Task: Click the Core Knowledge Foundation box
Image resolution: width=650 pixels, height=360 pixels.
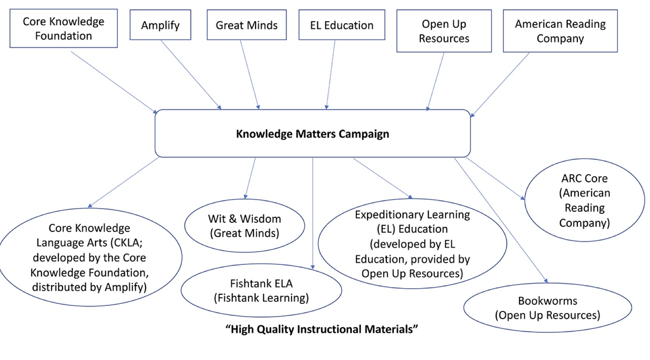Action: click(x=64, y=29)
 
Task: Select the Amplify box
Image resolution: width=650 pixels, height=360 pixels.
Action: click(x=160, y=25)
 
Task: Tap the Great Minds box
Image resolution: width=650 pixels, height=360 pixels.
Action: click(x=246, y=25)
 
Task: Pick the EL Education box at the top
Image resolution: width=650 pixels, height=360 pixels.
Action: click(x=342, y=25)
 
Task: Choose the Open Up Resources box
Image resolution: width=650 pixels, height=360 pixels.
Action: click(x=444, y=31)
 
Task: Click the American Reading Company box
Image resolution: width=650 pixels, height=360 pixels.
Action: click(x=560, y=31)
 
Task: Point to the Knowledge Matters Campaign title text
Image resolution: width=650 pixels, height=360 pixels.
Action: click(x=312, y=134)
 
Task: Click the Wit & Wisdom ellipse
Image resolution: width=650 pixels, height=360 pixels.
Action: click(x=244, y=226)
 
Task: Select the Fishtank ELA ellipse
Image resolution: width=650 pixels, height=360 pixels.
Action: click(x=261, y=290)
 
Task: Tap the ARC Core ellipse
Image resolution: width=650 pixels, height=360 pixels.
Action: click(x=584, y=200)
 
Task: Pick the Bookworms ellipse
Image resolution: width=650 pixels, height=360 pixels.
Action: click(x=547, y=308)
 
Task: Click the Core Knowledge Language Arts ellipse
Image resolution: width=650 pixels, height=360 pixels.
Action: click(x=90, y=257)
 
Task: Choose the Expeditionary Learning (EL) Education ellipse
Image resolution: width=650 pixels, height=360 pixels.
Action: click(x=412, y=244)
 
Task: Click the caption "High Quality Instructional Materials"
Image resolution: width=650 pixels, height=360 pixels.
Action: click(x=322, y=329)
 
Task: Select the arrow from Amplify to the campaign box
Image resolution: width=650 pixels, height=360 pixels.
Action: click(x=191, y=75)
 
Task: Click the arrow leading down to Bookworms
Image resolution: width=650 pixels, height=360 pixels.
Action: click(x=501, y=220)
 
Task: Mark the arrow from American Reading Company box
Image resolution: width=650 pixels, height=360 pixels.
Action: click(x=500, y=84)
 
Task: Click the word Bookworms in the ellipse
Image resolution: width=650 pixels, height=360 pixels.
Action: click(x=547, y=301)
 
